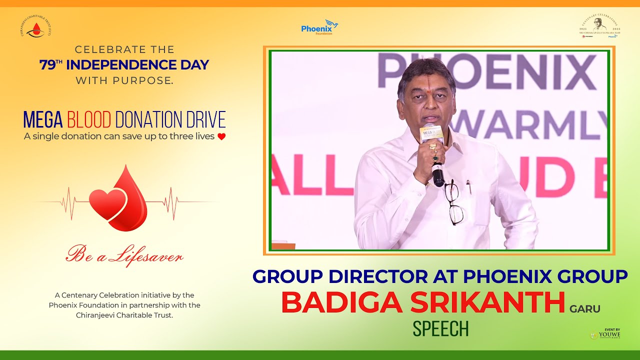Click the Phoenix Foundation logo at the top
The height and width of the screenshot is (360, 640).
pos(319,27)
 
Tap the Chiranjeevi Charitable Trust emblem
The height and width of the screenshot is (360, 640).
pos(35,27)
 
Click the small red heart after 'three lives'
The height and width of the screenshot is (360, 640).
pos(221,136)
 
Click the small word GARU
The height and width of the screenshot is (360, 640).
pos(585,309)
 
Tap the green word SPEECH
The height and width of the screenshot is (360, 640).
pos(440,328)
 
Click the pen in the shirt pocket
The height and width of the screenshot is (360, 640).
pos(468,186)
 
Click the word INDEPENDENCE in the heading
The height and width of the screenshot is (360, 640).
pos(137,65)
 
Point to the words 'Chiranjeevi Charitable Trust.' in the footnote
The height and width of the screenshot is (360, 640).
pos(124,315)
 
